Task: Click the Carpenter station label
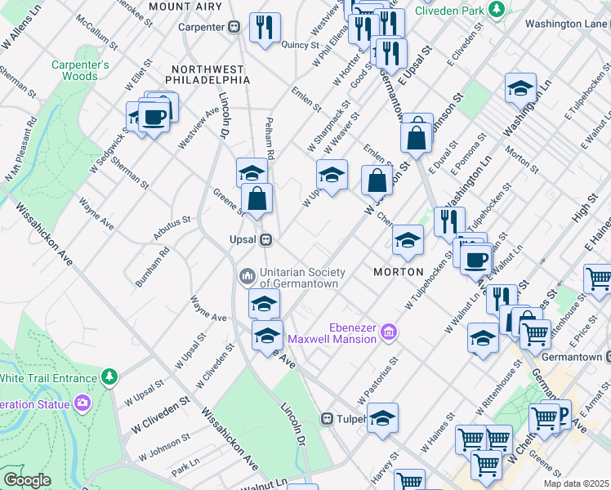(x=202, y=26)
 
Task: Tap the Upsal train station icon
(x=265, y=240)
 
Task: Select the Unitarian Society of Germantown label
(x=302, y=278)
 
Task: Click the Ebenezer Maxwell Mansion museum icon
(x=389, y=331)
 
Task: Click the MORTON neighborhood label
(x=399, y=271)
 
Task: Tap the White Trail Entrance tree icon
(x=108, y=376)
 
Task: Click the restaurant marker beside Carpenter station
(x=264, y=26)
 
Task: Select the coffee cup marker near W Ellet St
(x=154, y=117)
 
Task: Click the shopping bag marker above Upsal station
(x=256, y=198)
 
